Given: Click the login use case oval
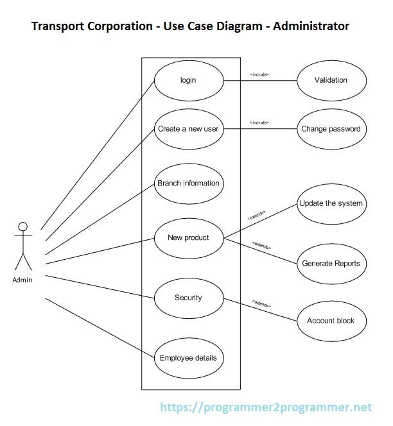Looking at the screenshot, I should coord(188,81).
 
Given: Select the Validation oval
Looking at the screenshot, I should coord(331,81).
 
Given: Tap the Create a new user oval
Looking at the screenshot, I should coord(188,129).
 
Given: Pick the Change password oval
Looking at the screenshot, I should coord(331,129).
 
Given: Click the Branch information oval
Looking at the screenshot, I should coord(188,183).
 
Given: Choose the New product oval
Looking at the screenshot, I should coord(188,238).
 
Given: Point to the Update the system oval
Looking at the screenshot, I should coord(331,204).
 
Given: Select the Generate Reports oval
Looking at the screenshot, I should coord(331,264).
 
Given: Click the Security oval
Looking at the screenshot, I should coord(188,298).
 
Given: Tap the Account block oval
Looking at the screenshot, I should coord(331,321).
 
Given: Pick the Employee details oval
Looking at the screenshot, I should coord(188,358).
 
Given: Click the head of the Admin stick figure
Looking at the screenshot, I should coord(23,226).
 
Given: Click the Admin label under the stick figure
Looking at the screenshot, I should coord(22,280).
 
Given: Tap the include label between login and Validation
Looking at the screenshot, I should coord(259,75).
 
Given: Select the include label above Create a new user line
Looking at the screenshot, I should coord(259,123).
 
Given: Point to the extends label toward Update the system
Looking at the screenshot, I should coord(256,215).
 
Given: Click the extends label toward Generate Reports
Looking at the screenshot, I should coord(261,245).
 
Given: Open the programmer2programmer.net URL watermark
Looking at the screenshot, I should coord(265,407).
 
